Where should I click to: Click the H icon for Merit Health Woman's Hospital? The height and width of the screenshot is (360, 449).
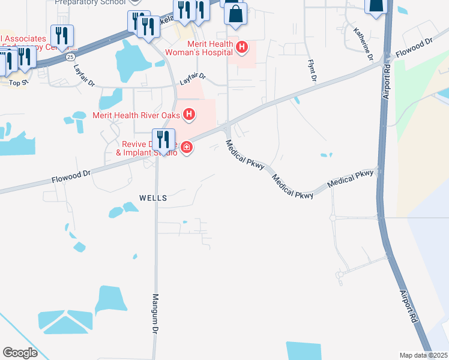pyautogui.click(x=242, y=47)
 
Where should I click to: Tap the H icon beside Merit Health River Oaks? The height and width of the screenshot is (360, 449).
pyautogui.click(x=189, y=114)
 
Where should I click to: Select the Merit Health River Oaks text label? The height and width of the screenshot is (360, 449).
pyautogui.click(x=137, y=114)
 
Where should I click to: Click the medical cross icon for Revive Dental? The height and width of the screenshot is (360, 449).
pyautogui.click(x=187, y=148)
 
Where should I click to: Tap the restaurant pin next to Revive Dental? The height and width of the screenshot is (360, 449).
pyautogui.click(x=163, y=140)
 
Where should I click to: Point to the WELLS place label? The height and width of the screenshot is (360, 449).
pyautogui.click(x=152, y=197)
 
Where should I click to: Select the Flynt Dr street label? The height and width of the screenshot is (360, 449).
pyautogui.click(x=312, y=70)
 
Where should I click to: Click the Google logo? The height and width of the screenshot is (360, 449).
pyautogui.click(x=20, y=353)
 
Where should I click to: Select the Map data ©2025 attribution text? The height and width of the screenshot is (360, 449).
pyautogui.click(x=423, y=355)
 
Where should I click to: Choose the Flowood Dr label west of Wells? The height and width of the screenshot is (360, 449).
pyautogui.click(x=70, y=177)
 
